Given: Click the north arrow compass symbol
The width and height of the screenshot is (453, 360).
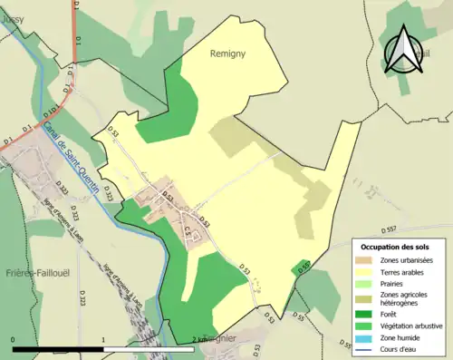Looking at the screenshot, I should pyautogui.click(x=402, y=49).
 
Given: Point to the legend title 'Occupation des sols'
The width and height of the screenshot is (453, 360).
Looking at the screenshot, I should pyautogui.click(x=395, y=247).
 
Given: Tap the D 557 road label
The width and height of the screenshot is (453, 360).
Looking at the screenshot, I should pyautogui.click(x=390, y=228).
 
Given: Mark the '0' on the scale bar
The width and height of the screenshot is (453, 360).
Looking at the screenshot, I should pyautogui.click(x=13, y=340).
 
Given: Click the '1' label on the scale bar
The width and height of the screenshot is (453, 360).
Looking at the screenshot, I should pyautogui.click(x=104, y=340).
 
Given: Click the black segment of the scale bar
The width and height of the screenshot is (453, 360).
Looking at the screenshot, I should pyautogui.click(x=58, y=349).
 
